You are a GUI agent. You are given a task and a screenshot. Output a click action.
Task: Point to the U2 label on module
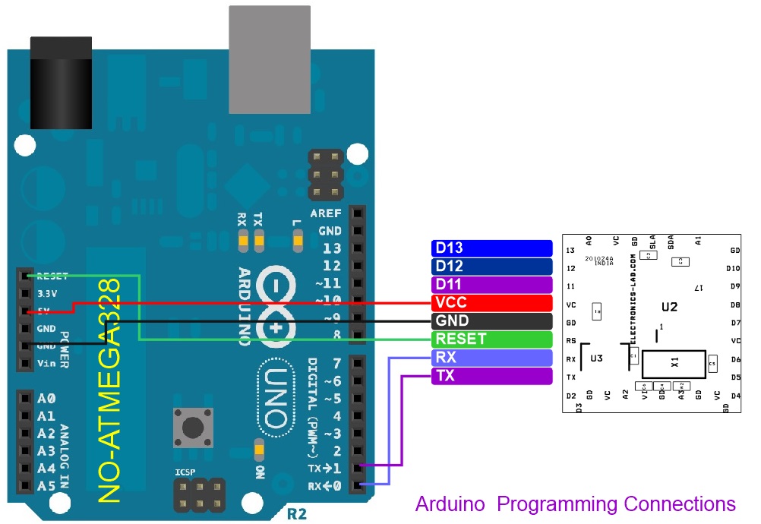pos(669,308)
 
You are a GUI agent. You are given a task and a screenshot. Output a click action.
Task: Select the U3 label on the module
pos(596,358)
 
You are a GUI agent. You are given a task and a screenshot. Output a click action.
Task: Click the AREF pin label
pos(325,213)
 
